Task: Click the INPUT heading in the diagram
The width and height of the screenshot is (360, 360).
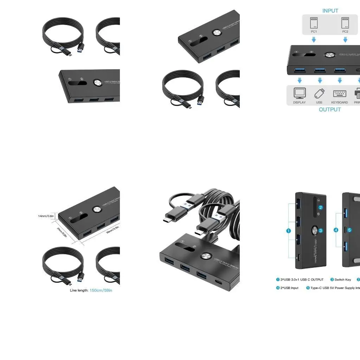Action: click(330, 11)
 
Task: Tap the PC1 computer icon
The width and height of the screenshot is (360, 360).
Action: click(314, 23)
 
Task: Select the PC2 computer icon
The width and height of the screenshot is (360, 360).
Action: click(345, 23)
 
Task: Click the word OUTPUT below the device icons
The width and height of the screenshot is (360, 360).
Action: click(330, 109)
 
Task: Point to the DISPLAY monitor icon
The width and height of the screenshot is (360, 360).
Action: click(300, 93)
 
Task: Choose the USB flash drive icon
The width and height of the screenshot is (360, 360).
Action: click(319, 93)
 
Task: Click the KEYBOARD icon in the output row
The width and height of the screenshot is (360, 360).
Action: click(339, 94)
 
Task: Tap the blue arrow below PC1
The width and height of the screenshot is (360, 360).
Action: click(314, 40)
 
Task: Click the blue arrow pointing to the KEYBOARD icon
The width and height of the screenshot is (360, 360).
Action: click(340, 81)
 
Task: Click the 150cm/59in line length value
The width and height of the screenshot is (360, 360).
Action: click(101, 290)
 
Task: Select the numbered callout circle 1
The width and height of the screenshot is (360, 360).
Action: click(288, 231)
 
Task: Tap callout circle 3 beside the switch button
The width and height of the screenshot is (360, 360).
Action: click(321, 231)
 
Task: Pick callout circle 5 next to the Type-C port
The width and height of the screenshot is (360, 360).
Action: click(349, 230)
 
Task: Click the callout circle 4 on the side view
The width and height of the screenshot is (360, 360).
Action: click(336, 230)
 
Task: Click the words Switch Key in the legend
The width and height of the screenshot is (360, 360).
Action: click(342, 279)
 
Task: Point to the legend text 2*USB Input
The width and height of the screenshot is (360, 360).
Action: click(289, 288)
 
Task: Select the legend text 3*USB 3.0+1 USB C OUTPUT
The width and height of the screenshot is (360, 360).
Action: click(302, 279)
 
